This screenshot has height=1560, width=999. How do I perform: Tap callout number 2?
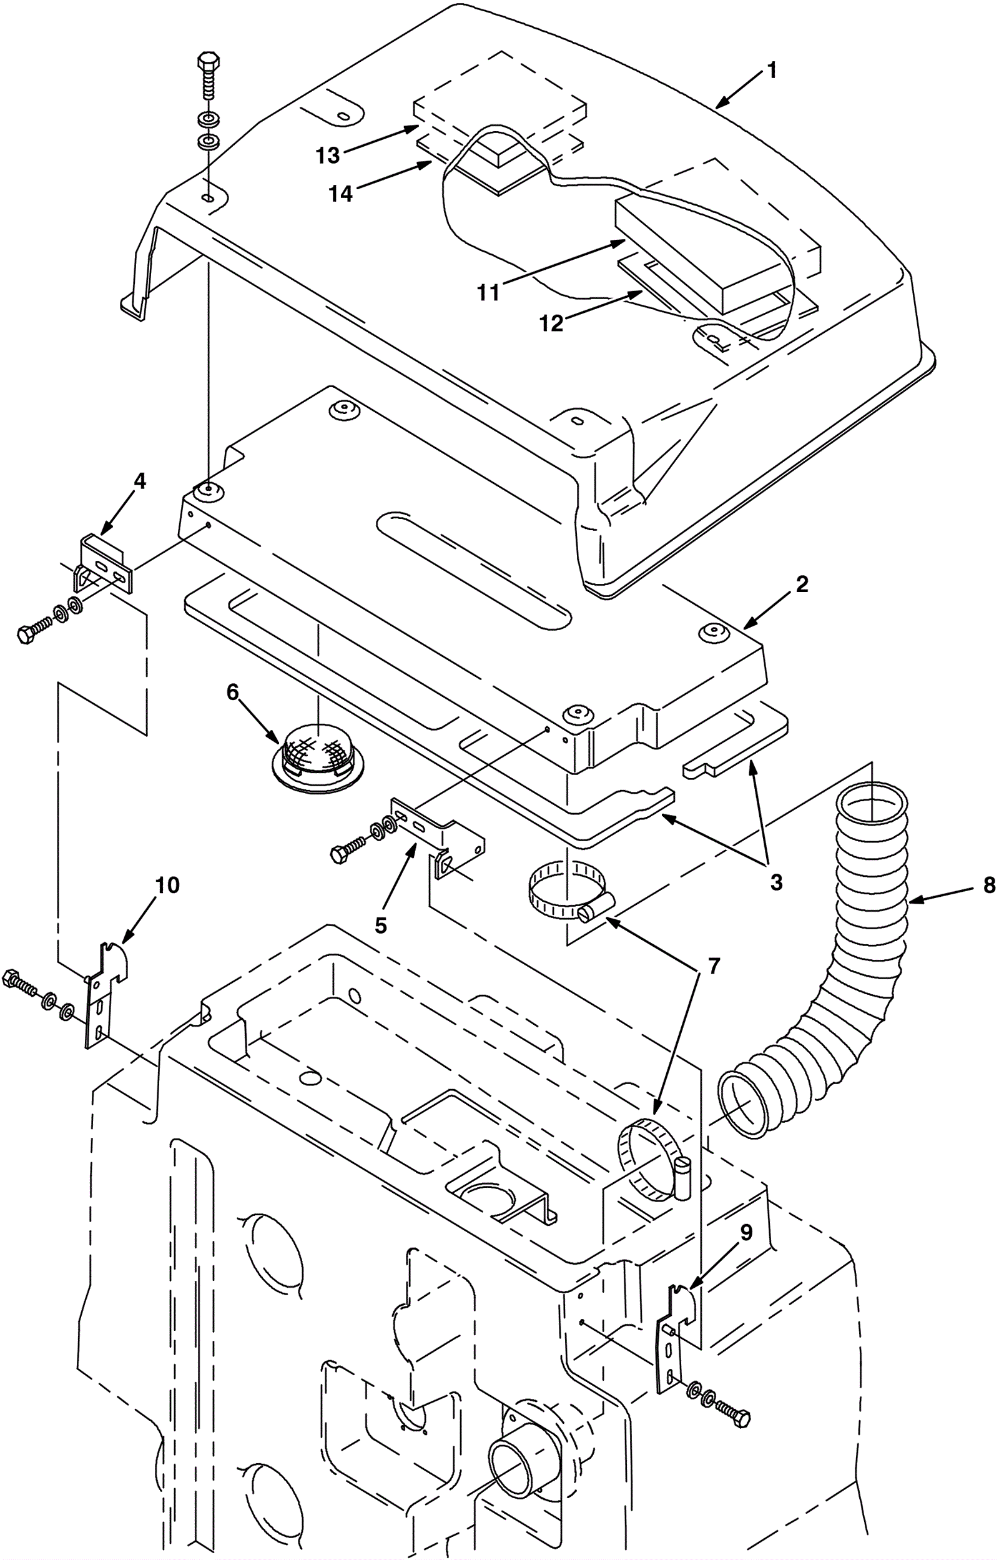coord(802,585)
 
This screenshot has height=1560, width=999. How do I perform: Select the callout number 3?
coord(776,883)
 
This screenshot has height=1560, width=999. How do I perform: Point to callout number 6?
coord(233,693)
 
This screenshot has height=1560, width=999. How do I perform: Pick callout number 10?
coord(167,885)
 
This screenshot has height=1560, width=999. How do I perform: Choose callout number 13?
coord(328,155)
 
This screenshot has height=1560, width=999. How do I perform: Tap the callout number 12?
coord(552,323)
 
